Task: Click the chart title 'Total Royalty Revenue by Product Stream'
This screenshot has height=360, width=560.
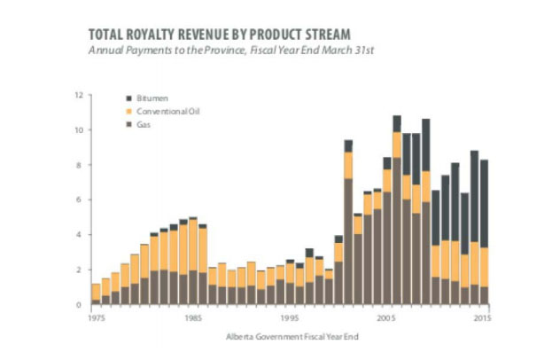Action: [x=219, y=34]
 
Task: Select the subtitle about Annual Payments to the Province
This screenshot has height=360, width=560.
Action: [x=230, y=51]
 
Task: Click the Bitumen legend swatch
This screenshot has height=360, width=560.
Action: [x=131, y=98]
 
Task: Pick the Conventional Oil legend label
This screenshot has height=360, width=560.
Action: [x=162, y=112]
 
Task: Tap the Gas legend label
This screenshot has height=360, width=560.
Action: [x=144, y=125]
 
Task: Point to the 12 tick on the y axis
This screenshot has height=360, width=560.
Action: [x=79, y=95]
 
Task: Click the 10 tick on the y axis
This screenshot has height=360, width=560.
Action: [x=79, y=130]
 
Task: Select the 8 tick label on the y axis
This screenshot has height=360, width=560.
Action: [x=80, y=165]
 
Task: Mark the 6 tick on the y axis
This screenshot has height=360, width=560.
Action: [x=80, y=200]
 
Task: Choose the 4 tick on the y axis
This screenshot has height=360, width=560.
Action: [x=80, y=235]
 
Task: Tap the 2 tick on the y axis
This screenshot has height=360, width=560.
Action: [x=80, y=270]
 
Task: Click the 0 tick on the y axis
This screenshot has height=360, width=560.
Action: [x=80, y=304]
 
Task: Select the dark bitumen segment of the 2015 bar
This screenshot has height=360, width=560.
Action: [x=484, y=203]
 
